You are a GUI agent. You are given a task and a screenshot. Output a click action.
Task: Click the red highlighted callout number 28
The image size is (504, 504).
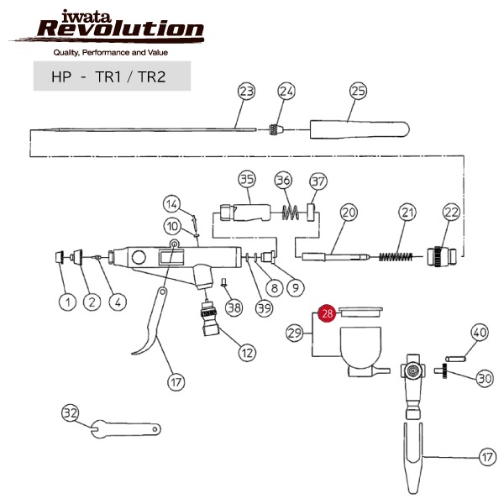point(328,313)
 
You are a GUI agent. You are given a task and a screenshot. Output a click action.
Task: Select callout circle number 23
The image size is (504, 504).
point(246,90)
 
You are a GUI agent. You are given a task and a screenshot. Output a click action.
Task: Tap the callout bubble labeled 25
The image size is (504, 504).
point(359,90)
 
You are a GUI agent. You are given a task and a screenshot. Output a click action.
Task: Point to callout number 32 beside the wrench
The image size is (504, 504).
point(71,413)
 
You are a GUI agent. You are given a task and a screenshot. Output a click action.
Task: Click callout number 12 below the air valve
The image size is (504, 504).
point(246,353)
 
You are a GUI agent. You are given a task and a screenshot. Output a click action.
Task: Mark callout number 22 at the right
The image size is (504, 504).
point(451,213)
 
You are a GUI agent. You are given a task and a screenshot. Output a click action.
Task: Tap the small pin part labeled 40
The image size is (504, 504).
point(454,357)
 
